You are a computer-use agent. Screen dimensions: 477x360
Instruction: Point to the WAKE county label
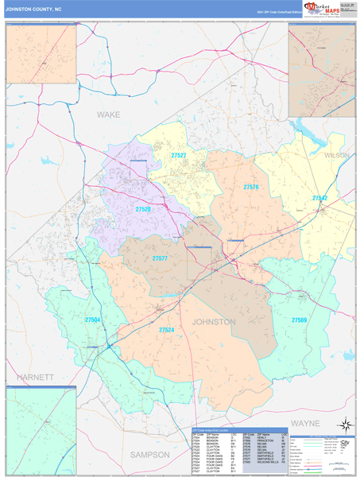click(x=108, y=114)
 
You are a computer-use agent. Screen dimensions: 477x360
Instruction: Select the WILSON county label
click(x=336, y=156)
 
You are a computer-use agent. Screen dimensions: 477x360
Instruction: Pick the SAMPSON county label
click(x=149, y=455)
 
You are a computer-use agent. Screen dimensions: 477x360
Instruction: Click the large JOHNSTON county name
click(x=213, y=322)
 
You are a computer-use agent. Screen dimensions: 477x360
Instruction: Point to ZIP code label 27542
click(x=319, y=198)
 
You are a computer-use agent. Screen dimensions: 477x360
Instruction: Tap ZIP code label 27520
click(x=143, y=209)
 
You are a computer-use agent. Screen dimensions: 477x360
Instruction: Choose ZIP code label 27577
click(x=160, y=258)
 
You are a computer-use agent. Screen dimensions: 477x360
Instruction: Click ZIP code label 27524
click(x=165, y=329)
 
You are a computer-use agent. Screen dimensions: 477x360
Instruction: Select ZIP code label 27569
click(x=299, y=320)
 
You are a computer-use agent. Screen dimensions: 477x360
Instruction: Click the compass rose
click(x=344, y=425)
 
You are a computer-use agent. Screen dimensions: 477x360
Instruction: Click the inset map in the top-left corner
click(x=41, y=58)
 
